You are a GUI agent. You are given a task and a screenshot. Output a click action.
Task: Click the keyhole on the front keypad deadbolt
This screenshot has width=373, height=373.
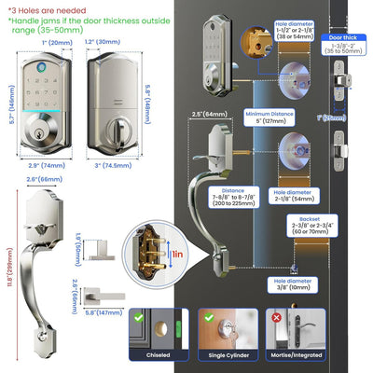click(40, 133)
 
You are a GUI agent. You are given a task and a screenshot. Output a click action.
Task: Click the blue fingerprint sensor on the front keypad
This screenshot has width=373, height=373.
click(40, 64)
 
